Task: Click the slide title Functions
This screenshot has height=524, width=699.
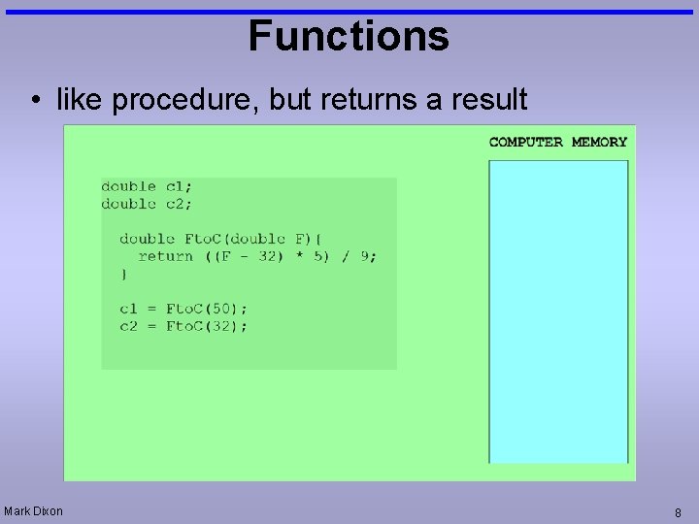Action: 349,37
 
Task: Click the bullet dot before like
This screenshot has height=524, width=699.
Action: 35,100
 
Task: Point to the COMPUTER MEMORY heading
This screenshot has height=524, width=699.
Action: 558,142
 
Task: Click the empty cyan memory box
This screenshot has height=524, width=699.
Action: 558,311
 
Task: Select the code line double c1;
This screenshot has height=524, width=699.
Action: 147,186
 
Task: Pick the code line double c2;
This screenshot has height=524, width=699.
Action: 147,204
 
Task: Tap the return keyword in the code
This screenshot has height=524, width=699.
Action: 165,256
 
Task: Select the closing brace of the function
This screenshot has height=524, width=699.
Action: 123,275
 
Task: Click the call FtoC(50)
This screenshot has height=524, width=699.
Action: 206,309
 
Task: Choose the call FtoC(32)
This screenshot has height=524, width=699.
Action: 206,326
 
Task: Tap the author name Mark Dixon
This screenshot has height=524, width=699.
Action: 33,510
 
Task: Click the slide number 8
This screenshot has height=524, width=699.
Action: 678,512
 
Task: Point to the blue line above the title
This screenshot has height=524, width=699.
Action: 349,12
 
